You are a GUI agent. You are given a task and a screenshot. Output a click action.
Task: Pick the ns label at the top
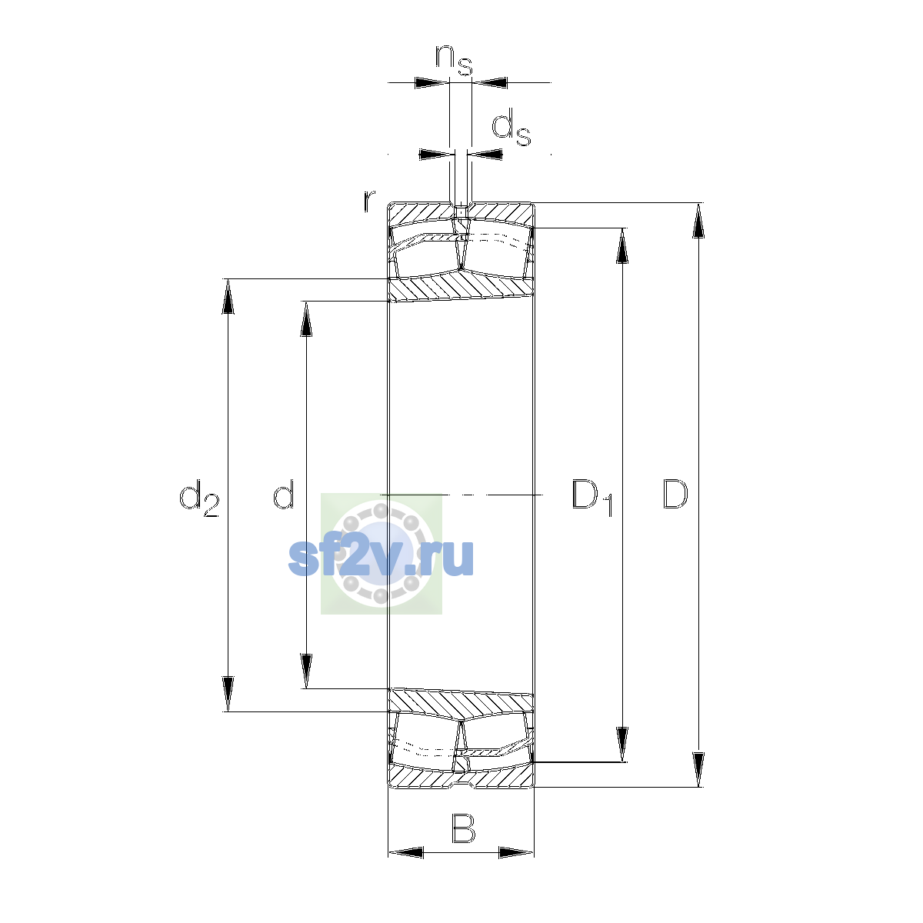(454, 60)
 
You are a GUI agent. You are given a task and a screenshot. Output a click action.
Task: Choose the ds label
(511, 127)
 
